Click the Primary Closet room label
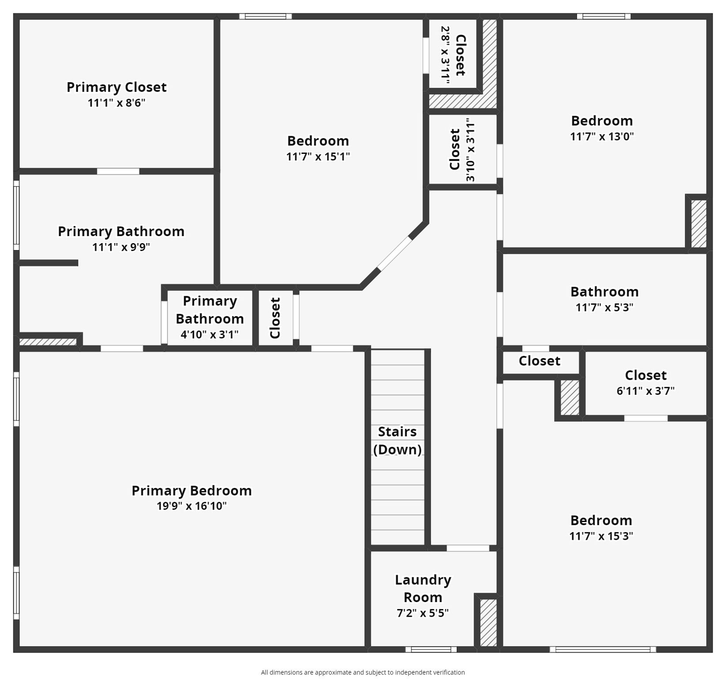pos(117,87)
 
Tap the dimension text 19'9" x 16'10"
pos(191,506)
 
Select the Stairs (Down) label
pos(397,440)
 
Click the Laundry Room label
pos(423,588)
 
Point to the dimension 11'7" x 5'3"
pos(604,307)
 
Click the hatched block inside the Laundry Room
pos(488,622)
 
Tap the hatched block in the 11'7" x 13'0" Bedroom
pos(699,224)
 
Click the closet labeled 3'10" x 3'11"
pos(462,149)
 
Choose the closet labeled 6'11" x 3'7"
pos(645,382)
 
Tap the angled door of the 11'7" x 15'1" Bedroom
pos(395,254)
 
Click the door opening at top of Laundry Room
pos(468,548)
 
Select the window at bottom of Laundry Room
pos(431,649)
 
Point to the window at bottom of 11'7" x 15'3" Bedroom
pos(603,649)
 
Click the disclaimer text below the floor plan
pos(362,672)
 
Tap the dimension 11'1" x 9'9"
pos(121,247)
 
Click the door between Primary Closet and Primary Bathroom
pos(118,172)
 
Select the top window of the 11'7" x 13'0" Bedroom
pos(603,17)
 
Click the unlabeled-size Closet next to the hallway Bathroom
pos(540,361)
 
